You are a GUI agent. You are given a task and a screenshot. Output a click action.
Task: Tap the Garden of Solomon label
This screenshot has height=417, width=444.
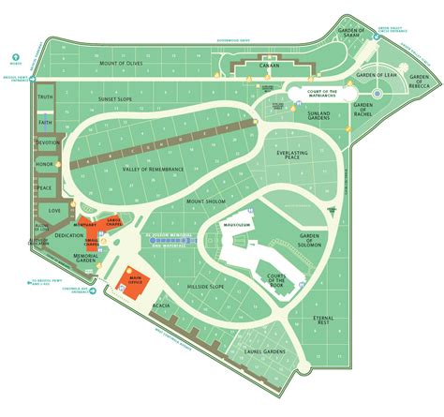click(309, 240)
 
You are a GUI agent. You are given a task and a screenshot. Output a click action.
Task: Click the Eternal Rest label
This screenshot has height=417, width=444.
click(323, 321)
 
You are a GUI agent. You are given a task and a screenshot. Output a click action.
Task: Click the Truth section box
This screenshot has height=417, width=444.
click(44, 97)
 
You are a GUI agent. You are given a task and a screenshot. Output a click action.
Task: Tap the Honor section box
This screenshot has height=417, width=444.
click(44, 165)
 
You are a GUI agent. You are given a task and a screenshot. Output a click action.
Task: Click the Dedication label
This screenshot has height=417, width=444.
click(69, 236)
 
